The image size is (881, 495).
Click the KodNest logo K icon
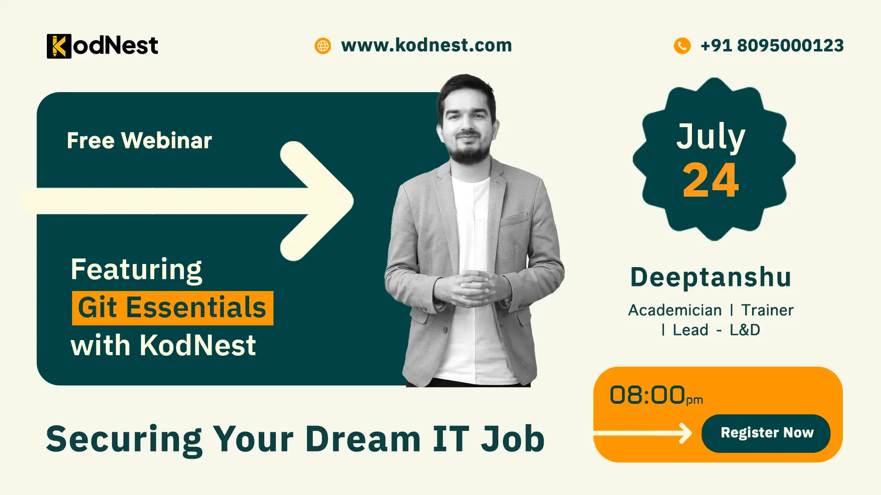point(59,46)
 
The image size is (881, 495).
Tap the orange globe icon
point(323,46)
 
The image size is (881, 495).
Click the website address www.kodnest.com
point(426,45)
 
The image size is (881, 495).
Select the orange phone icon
point(682,46)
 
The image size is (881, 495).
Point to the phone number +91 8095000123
point(772,45)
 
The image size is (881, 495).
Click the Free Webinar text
point(139,140)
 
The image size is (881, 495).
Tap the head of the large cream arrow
point(321,201)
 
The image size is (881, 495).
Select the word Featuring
point(136,269)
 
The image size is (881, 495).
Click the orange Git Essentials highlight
point(173,308)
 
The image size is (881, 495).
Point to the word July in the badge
point(711,137)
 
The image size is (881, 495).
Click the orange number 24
point(711,181)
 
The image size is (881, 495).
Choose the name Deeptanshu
point(711,277)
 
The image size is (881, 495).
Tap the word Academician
point(675,310)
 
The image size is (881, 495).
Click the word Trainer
point(767,310)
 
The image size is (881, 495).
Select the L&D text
point(745,330)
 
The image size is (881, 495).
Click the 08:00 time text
point(647,395)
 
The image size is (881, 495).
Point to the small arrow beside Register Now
point(684,433)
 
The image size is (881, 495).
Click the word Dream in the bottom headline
point(363,439)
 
